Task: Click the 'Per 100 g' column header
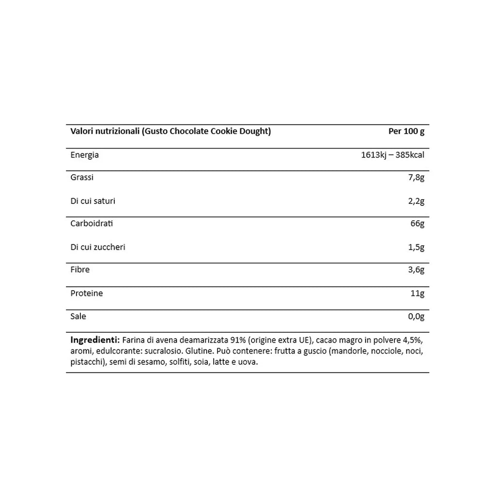click(406, 131)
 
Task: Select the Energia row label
click(85, 155)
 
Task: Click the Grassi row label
click(82, 177)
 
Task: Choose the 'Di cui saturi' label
click(93, 201)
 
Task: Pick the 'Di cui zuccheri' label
click(98, 247)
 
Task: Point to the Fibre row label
click(80, 270)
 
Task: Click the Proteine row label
click(87, 293)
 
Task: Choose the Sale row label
click(78, 316)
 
